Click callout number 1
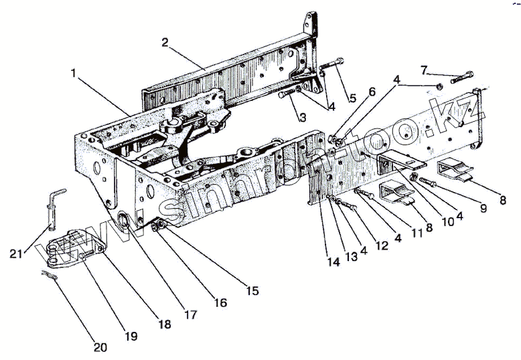[74, 72]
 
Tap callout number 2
[165, 41]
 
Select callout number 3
[302, 118]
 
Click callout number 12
[382, 245]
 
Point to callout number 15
[252, 290]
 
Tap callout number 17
[190, 314]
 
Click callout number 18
[165, 324]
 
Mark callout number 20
[100, 347]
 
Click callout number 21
[16, 253]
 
